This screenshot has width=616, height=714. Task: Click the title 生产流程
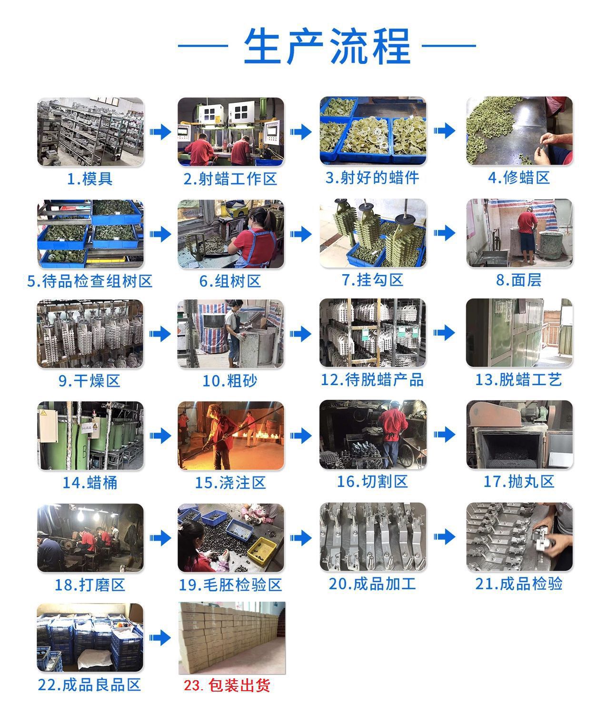(x=327, y=46)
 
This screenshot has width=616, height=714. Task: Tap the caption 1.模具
(x=90, y=179)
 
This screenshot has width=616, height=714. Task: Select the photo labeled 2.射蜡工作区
(x=231, y=131)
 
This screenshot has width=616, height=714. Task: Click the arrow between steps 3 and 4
(x=444, y=131)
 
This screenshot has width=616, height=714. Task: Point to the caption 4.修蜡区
(x=518, y=178)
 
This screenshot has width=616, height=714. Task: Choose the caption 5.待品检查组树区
(x=90, y=281)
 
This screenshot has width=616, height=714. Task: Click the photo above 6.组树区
(x=231, y=234)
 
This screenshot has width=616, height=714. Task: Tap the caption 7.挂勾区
(x=373, y=280)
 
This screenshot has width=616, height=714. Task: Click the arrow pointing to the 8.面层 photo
(x=444, y=233)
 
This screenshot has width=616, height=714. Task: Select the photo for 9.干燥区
(x=90, y=333)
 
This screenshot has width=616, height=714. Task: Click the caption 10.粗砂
(x=230, y=381)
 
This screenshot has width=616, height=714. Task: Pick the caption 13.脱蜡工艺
(x=518, y=380)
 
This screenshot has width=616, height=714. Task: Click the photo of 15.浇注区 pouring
(x=231, y=435)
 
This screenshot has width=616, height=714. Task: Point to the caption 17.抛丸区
(x=518, y=482)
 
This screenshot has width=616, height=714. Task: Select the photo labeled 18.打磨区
(x=90, y=537)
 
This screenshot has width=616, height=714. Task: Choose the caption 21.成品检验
(x=518, y=584)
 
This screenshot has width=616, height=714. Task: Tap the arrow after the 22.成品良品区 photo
(x=160, y=637)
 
